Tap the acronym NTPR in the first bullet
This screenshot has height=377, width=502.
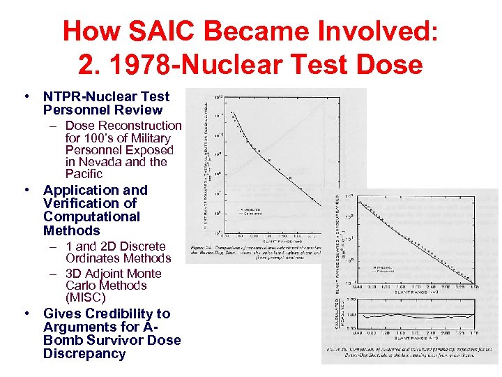pyautogui.click(x=62, y=97)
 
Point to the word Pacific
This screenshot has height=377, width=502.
pyautogui.click(x=84, y=174)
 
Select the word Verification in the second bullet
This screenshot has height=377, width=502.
pyautogui.click(x=82, y=203)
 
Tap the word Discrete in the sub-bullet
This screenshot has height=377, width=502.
pyautogui.click(x=142, y=246)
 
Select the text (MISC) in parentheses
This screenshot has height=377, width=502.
pyautogui.click(x=85, y=297)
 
